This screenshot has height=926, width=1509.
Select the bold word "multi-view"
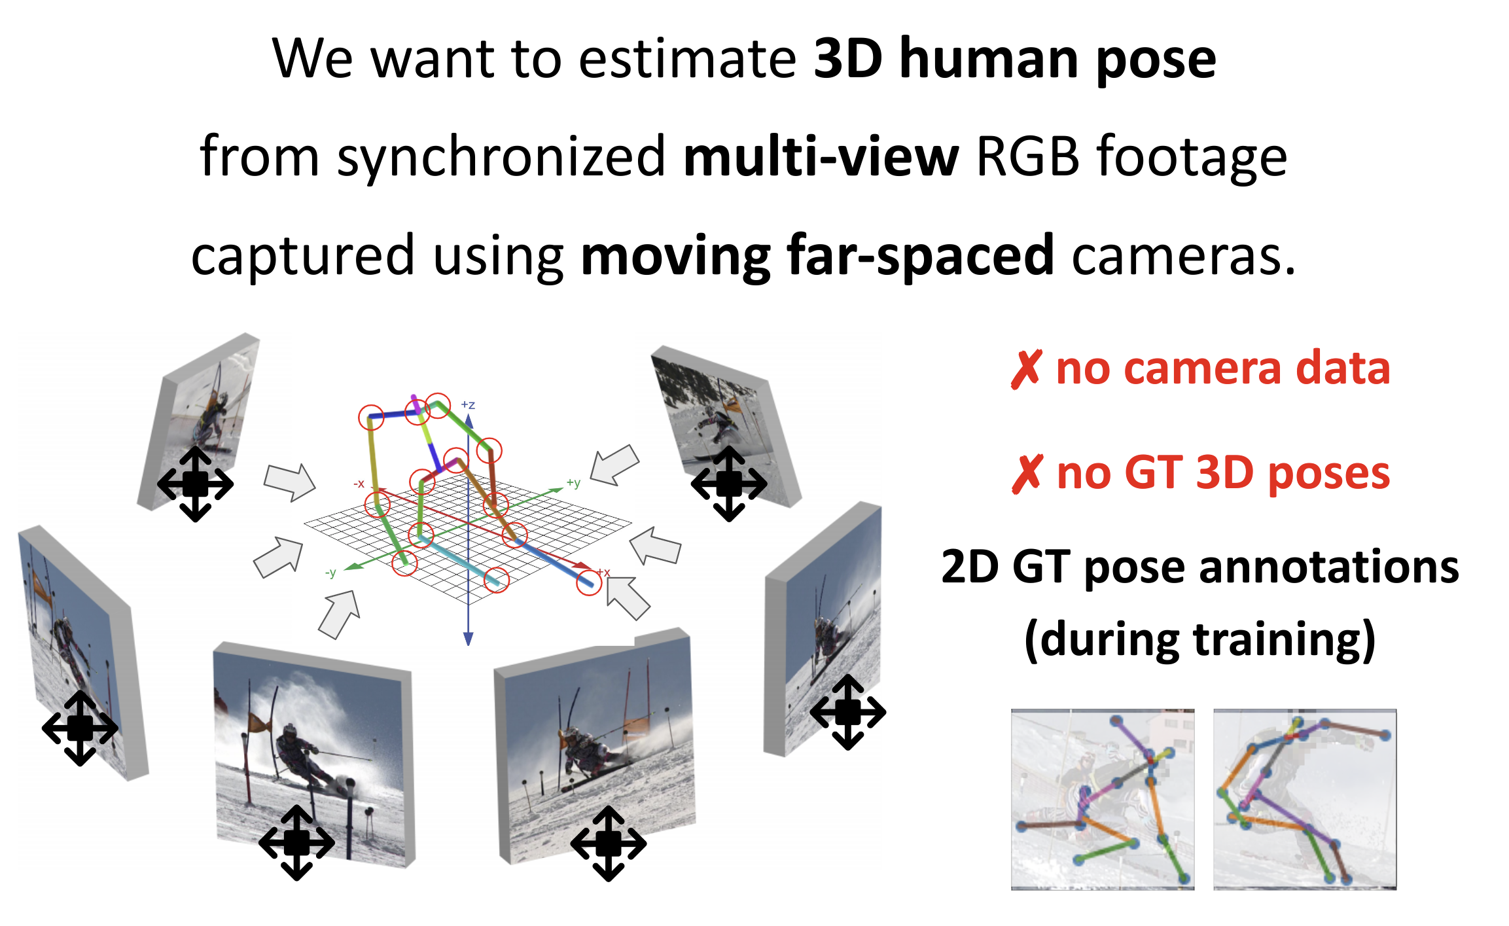(x=821, y=157)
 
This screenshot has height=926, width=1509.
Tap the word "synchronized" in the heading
(x=501, y=157)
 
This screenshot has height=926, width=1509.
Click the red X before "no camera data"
(x=1026, y=369)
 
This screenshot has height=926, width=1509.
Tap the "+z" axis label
(x=468, y=405)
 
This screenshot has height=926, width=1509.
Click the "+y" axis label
(x=573, y=484)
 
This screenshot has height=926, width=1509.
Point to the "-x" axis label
(x=359, y=484)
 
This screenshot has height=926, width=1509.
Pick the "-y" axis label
(x=330, y=573)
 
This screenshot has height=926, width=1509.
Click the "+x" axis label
(x=603, y=573)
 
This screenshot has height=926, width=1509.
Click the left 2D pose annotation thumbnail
(x=1103, y=799)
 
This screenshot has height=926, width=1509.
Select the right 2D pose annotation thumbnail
(x=1305, y=799)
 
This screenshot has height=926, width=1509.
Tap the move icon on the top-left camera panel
(x=195, y=484)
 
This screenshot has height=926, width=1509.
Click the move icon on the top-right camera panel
(x=729, y=484)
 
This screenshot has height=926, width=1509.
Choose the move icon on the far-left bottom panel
(x=80, y=728)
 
